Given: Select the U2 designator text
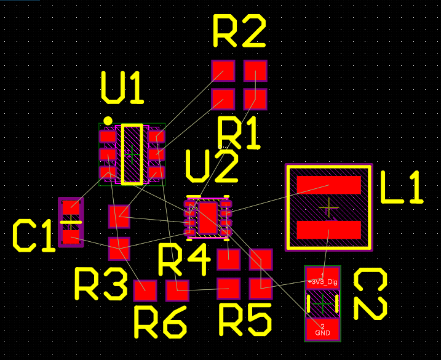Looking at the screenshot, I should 211,167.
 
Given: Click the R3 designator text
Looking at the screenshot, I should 101,284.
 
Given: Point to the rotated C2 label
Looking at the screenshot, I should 370,295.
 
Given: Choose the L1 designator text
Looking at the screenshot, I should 402,188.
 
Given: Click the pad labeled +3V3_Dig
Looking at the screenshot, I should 323,278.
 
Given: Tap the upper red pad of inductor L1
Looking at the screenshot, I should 328,185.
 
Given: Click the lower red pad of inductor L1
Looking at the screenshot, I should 328,230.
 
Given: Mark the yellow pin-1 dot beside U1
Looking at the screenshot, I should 108,121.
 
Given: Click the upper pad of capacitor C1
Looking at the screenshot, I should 71,209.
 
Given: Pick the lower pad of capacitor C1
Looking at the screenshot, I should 71,236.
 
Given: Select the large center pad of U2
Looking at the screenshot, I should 208,217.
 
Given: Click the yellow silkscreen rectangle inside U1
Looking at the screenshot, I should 132,154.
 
